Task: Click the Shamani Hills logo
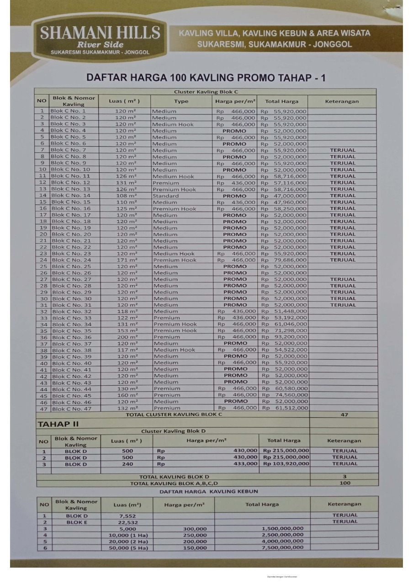tap(100, 39)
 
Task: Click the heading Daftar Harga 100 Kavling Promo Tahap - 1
tap(206, 78)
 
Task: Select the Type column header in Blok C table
tap(181, 101)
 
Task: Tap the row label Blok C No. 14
tap(71, 196)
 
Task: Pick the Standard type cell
tap(166, 196)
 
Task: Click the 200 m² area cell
tap(127, 337)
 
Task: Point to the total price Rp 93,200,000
tap(284, 337)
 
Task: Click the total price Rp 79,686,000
tap(284, 260)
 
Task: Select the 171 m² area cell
tap(126, 260)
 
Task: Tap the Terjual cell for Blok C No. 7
tap(343, 150)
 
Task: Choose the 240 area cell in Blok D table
tap(127, 464)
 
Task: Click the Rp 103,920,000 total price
tap(286, 464)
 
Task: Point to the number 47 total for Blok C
tap(344, 415)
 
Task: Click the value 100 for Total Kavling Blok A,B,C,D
tap(345, 483)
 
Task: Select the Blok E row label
tap(77, 522)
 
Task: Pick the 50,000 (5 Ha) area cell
tap(128, 548)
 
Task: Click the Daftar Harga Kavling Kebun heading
tap(208, 491)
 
